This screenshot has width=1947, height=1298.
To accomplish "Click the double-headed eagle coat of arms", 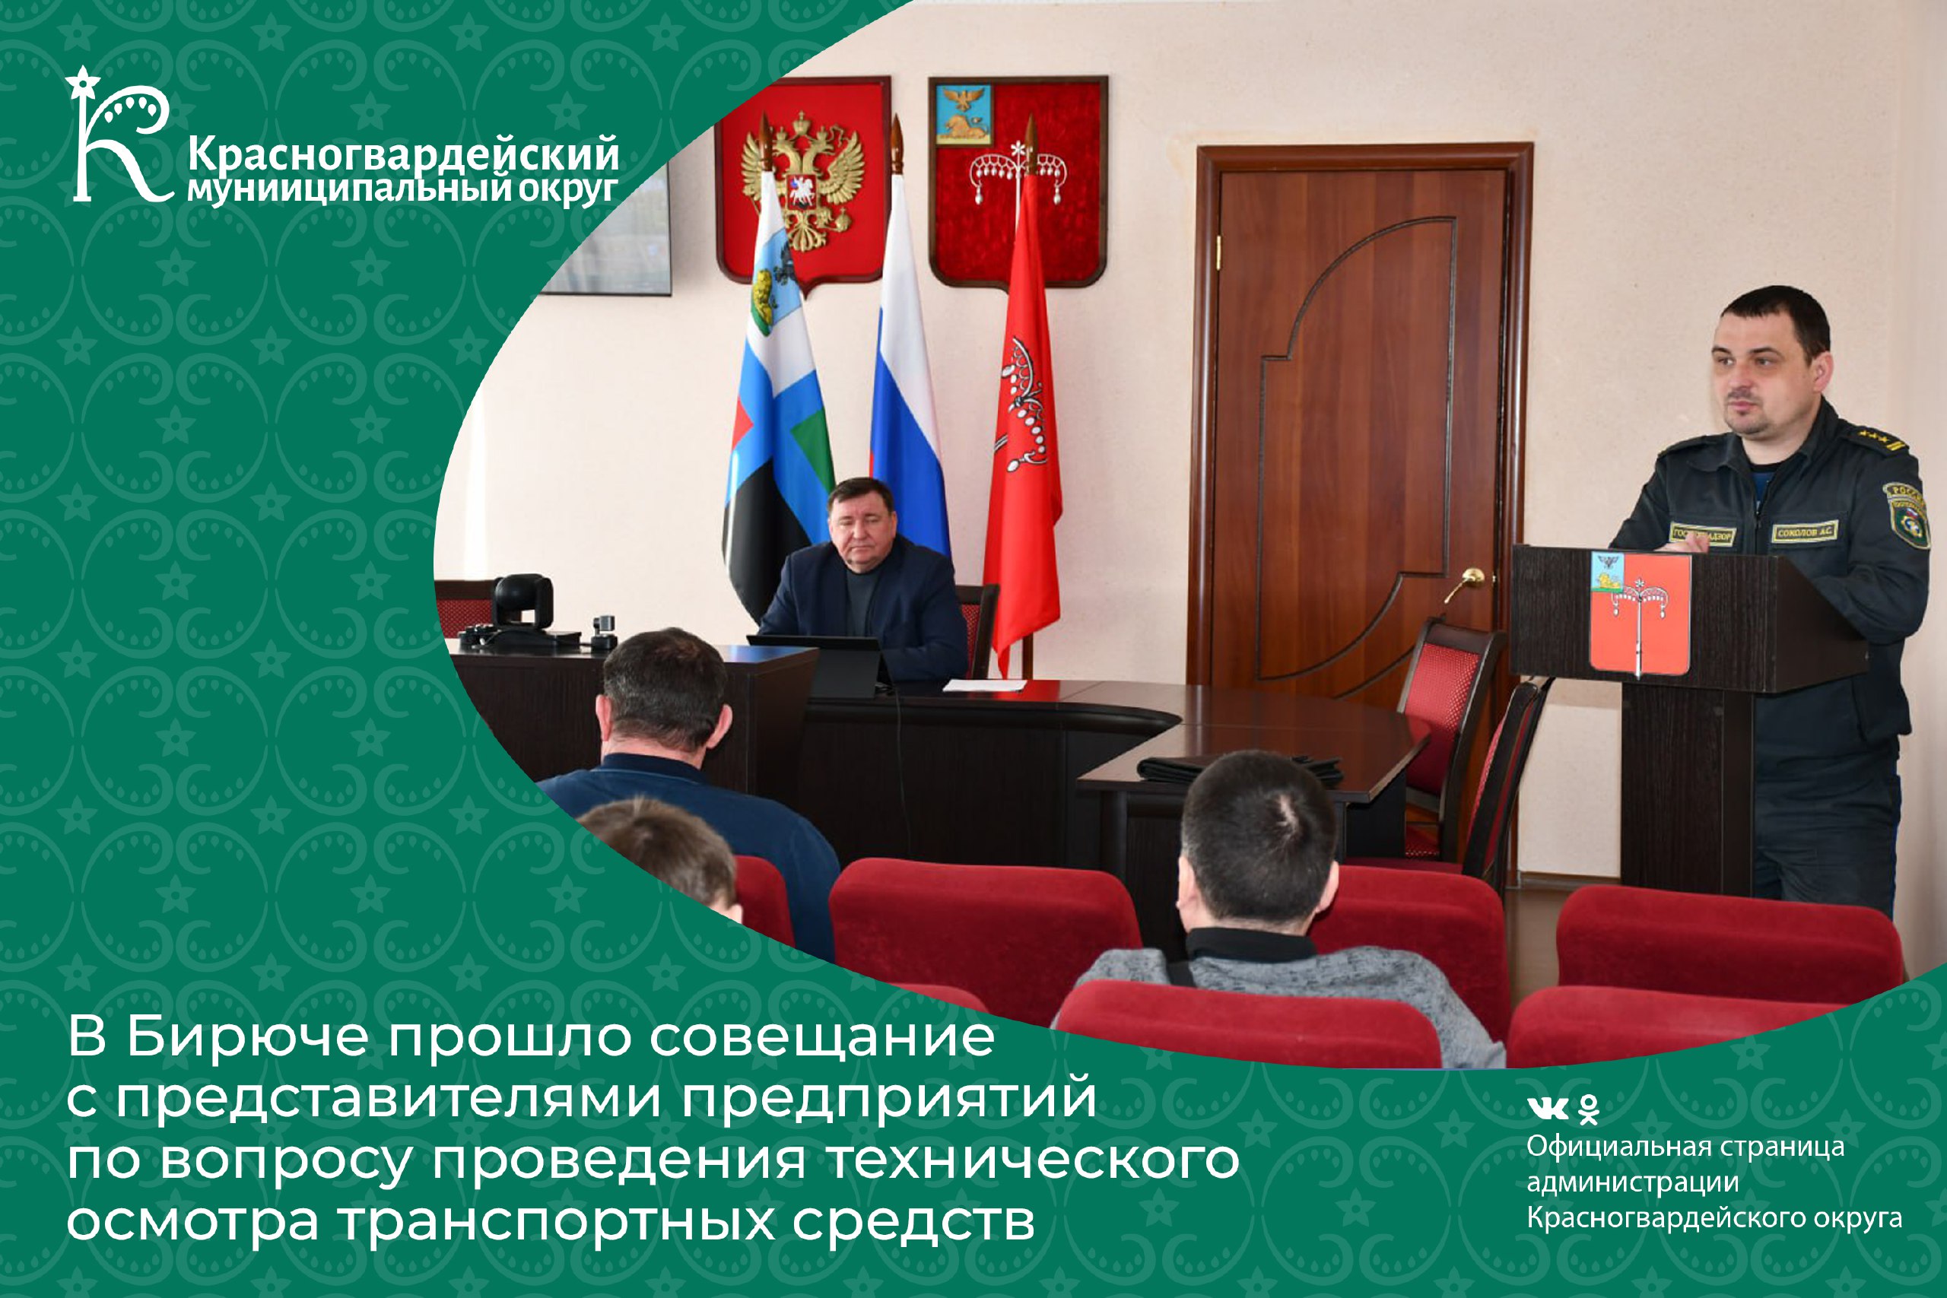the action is (802, 183).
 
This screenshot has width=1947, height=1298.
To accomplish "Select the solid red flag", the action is (1022, 430).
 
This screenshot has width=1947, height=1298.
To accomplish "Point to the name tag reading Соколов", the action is (1805, 532).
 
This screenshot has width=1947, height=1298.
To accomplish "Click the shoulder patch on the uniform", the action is (1909, 513).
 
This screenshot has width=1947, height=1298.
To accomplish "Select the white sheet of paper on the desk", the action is (984, 684).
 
